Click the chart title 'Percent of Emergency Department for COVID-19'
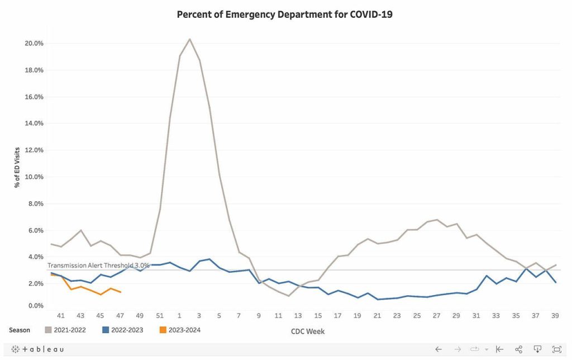pyautogui.click(x=284, y=15)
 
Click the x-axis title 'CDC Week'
pyautogui.click(x=307, y=331)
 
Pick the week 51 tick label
pyautogui.click(x=160, y=316)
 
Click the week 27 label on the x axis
pyautogui.click(x=436, y=316)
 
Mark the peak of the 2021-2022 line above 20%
pyautogui.click(x=189, y=39)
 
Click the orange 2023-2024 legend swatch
pyautogui.click(x=163, y=330)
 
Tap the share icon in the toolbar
pyautogui.click(x=518, y=349)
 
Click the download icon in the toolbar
pyautogui.click(x=537, y=349)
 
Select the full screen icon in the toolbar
pyautogui.click(x=556, y=349)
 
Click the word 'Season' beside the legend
pyautogui.click(x=20, y=330)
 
